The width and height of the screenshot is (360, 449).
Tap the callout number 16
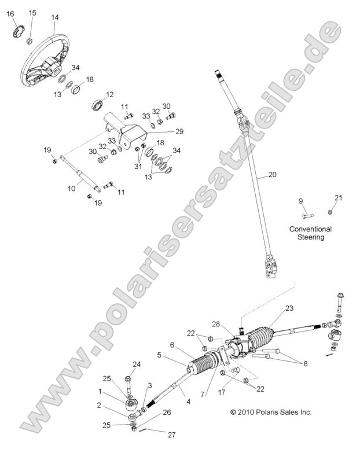coord(10,14)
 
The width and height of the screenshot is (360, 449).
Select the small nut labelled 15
coord(29,41)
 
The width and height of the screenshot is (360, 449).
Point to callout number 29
coord(179,131)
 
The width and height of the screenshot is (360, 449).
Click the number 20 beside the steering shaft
coord(273,174)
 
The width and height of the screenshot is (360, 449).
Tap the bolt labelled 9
coord(307,216)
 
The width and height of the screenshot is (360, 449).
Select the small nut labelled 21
coord(330,212)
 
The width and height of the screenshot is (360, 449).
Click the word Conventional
coord(310,229)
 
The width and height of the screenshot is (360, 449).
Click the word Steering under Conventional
coord(311,237)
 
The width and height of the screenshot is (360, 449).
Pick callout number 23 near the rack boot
coord(289,308)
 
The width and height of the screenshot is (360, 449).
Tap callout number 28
coord(216,324)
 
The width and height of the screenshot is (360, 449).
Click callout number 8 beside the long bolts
coord(306,364)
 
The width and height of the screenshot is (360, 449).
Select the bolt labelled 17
coord(236,370)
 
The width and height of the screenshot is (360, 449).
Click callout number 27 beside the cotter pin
coord(171,435)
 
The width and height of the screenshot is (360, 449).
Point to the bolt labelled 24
coord(128,384)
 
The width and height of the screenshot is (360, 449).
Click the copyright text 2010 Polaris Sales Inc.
coord(271,413)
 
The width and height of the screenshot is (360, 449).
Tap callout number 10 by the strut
coord(71,189)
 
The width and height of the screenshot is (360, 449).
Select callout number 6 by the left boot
coord(172,345)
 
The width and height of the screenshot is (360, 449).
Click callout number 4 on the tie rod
coord(188,402)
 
